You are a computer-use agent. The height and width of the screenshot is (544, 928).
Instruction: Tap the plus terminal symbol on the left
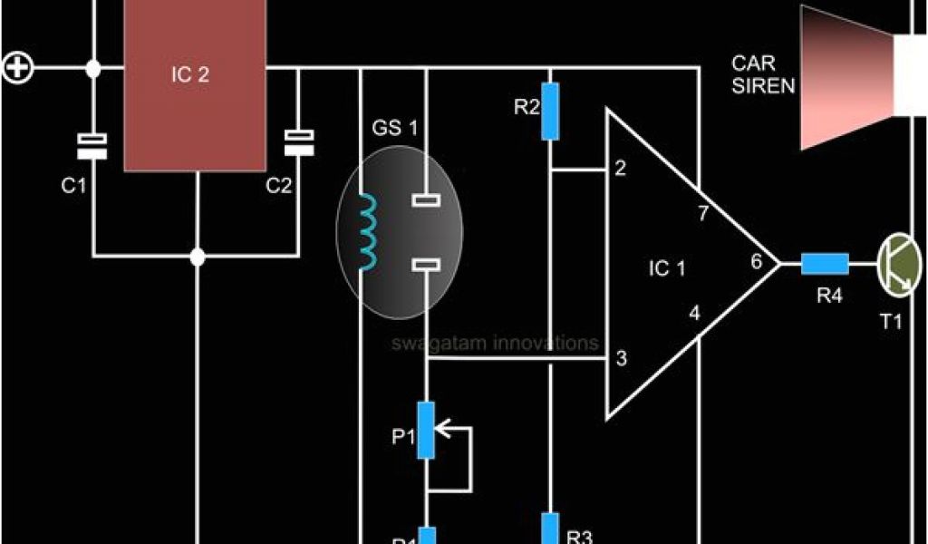point(18,68)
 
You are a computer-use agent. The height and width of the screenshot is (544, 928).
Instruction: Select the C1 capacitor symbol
point(92,146)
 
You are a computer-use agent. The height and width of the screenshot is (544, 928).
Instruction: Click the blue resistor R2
point(549,112)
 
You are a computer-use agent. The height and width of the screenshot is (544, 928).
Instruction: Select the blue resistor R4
point(825,264)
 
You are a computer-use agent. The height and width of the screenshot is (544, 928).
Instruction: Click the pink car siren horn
point(847,77)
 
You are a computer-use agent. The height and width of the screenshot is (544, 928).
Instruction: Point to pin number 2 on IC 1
point(620,169)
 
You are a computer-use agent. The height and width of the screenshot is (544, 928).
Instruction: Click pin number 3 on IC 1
point(621,358)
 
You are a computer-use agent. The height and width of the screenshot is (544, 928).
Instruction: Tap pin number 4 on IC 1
point(694,314)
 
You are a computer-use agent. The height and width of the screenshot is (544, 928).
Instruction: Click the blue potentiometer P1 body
point(426,430)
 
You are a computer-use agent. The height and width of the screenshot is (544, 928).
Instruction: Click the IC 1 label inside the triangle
point(669,268)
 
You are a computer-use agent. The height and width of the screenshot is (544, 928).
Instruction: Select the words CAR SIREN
point(763,75)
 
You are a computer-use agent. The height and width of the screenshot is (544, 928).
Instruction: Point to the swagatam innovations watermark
point(495,344)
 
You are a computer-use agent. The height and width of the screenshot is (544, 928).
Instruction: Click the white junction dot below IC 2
point(198,257)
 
